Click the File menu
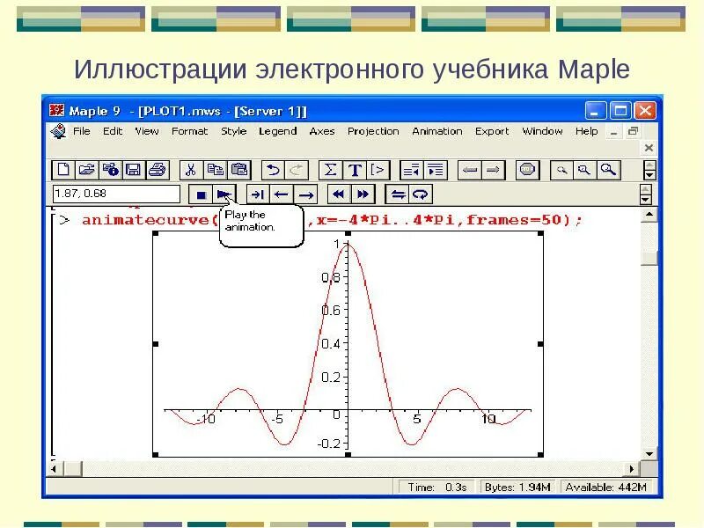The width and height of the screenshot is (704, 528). point(81,131)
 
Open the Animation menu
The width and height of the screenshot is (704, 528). point(436,131)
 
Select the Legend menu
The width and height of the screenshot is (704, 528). point(277,131)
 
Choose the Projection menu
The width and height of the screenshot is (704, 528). point(373,131)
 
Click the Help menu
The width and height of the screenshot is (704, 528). point(586,131)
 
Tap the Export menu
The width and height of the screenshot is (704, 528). point(492,131)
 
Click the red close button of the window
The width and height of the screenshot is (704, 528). point(645,111)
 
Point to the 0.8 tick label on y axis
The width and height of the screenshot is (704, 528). point(330,277)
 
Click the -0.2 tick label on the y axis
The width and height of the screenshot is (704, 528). point(328,444)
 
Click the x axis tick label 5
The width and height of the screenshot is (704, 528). point(417,420)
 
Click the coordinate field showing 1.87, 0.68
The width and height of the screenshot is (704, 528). point(116,194)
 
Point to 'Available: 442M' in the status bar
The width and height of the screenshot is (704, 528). point(605,487)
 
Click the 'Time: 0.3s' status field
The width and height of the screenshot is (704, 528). point(437,487)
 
